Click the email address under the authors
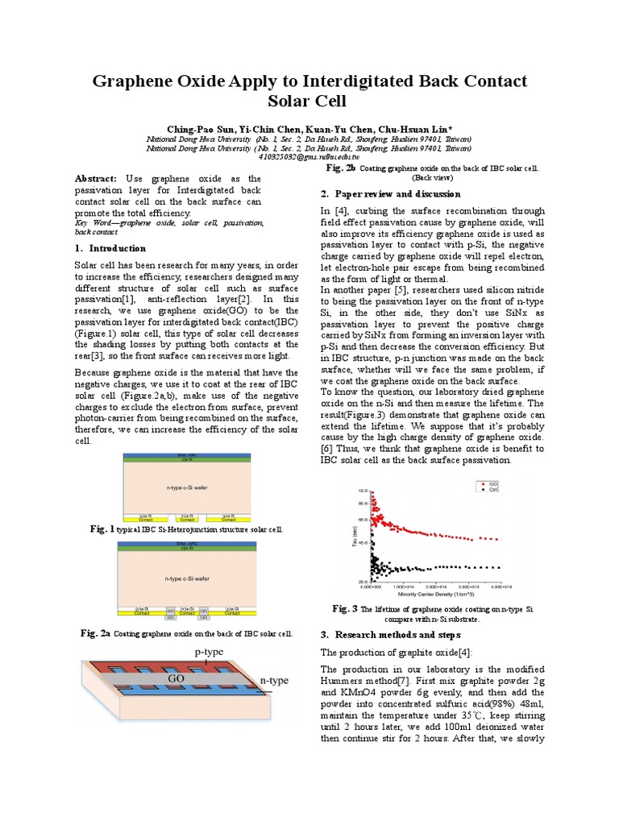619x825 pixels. click(x=309, y=156)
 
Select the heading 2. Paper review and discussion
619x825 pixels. click(x=390, y=194)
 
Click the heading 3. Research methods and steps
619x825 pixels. click(x=392, y=634)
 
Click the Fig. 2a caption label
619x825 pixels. click(x=95, y=634)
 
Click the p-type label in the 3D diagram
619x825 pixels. click(x=208, y=650)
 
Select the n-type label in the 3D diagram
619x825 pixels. click(x=274, y=681)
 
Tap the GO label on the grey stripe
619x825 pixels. click(x=177, y=678)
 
